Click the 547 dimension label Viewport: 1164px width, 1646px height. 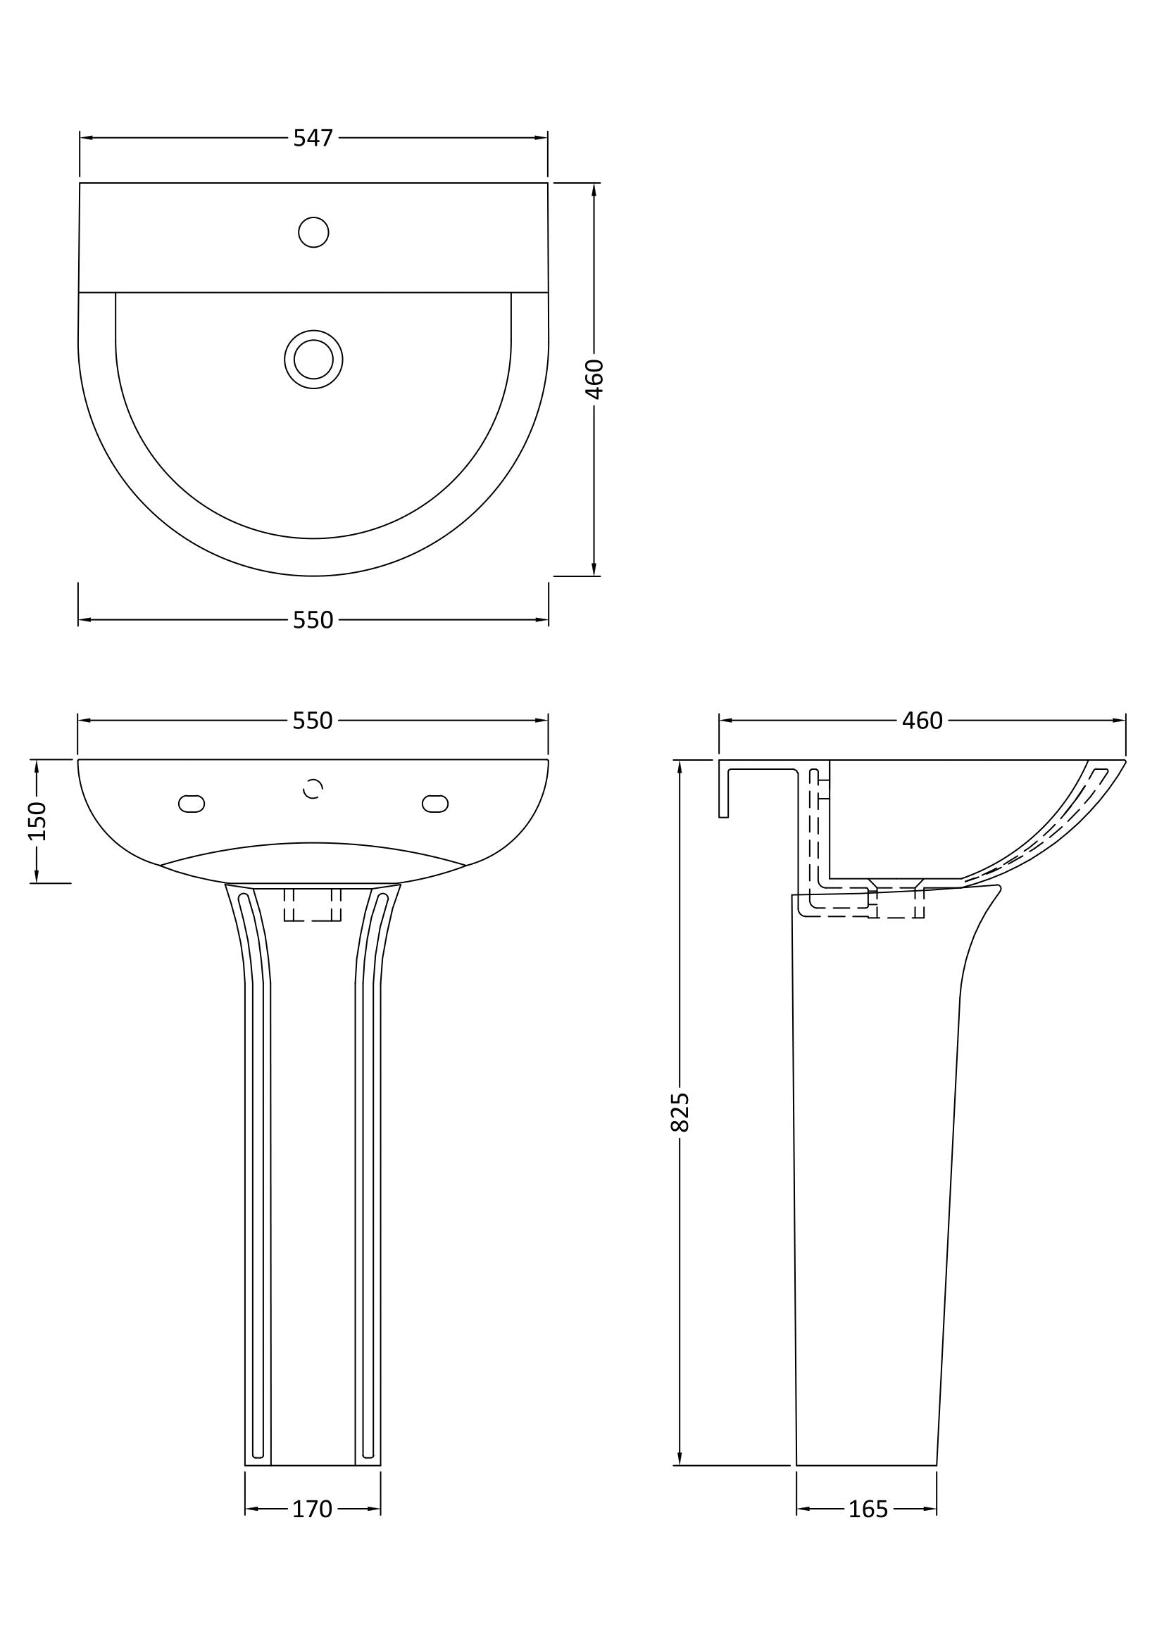point(313,138)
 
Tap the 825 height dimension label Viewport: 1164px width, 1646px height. point(680,1112)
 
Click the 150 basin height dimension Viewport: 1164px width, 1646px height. point(37,821)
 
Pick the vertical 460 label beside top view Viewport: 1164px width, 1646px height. point(594,379)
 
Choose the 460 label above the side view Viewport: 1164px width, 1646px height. point(922,721)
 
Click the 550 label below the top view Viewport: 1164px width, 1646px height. point(313,620)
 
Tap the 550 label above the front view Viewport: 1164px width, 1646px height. point(313,721)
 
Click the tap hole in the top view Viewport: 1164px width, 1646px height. point(313,232)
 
